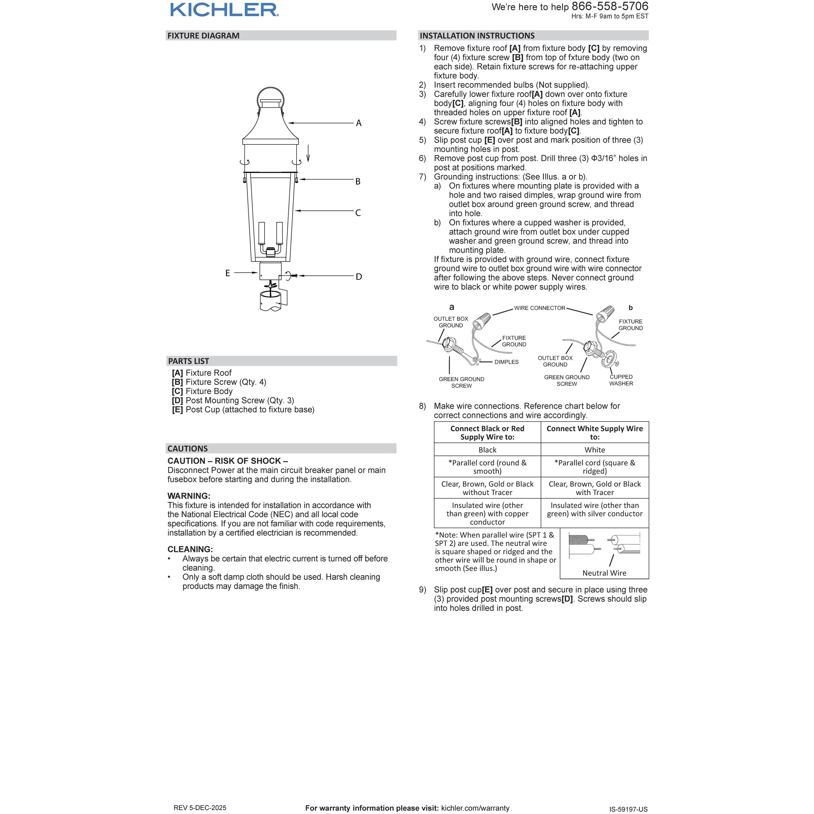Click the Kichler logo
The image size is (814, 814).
tap(224, 10)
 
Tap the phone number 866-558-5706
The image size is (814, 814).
tap(610, 7)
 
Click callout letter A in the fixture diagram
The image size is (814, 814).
tap(359, 123)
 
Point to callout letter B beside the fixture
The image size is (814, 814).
tap(358, 182)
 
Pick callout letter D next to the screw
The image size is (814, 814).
tap(359, 277)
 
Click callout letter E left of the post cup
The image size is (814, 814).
tap(228, 273)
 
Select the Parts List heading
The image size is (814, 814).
tap(188, 361)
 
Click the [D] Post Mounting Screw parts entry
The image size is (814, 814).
tap(233, 400)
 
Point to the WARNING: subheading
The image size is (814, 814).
tap(189, 496)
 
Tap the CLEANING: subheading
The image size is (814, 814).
tap(190, 549)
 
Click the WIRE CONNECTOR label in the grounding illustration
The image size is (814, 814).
tap(539, 308)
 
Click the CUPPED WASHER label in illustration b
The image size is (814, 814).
tap(621, 380)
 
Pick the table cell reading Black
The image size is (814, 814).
tap(487, 450)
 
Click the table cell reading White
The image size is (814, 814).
tap(595, 450)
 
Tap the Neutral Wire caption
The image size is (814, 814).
tap(604, 573)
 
